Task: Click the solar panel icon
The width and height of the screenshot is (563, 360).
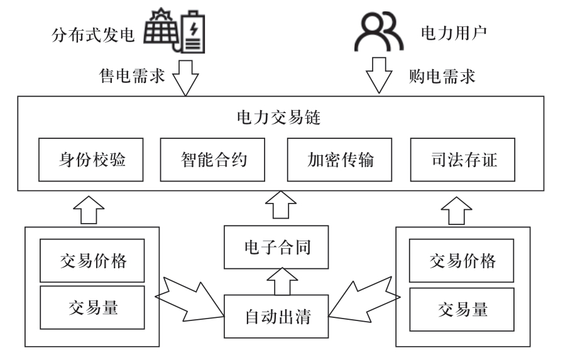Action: [x=161, y=28]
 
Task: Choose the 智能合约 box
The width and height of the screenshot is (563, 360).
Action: [x=214, y=160]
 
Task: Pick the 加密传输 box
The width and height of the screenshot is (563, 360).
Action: [x=341, y=160]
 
